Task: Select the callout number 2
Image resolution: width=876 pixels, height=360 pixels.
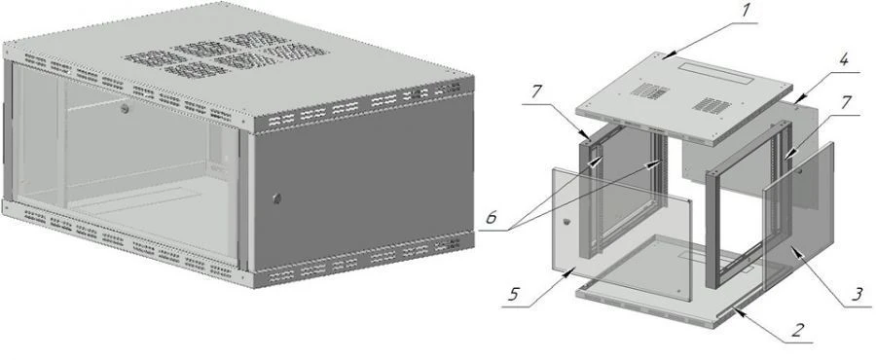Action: pos(795,329)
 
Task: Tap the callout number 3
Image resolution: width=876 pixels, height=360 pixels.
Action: pos(855,293)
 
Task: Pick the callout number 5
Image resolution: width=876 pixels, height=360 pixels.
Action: pos(515,294)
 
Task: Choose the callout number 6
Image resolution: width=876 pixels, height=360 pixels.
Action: pos(491,218)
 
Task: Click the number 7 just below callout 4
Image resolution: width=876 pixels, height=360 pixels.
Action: pos(845,103)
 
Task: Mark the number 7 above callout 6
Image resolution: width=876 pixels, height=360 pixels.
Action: pos(536,91)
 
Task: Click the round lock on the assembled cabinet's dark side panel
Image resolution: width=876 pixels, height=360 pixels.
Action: pos(276,198)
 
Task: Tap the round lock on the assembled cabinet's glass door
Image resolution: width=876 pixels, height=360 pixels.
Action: pos(126,109)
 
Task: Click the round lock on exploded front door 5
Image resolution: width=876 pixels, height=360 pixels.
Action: pos(567,222)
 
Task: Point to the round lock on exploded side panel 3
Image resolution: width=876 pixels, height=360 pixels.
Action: pos(800,171)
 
